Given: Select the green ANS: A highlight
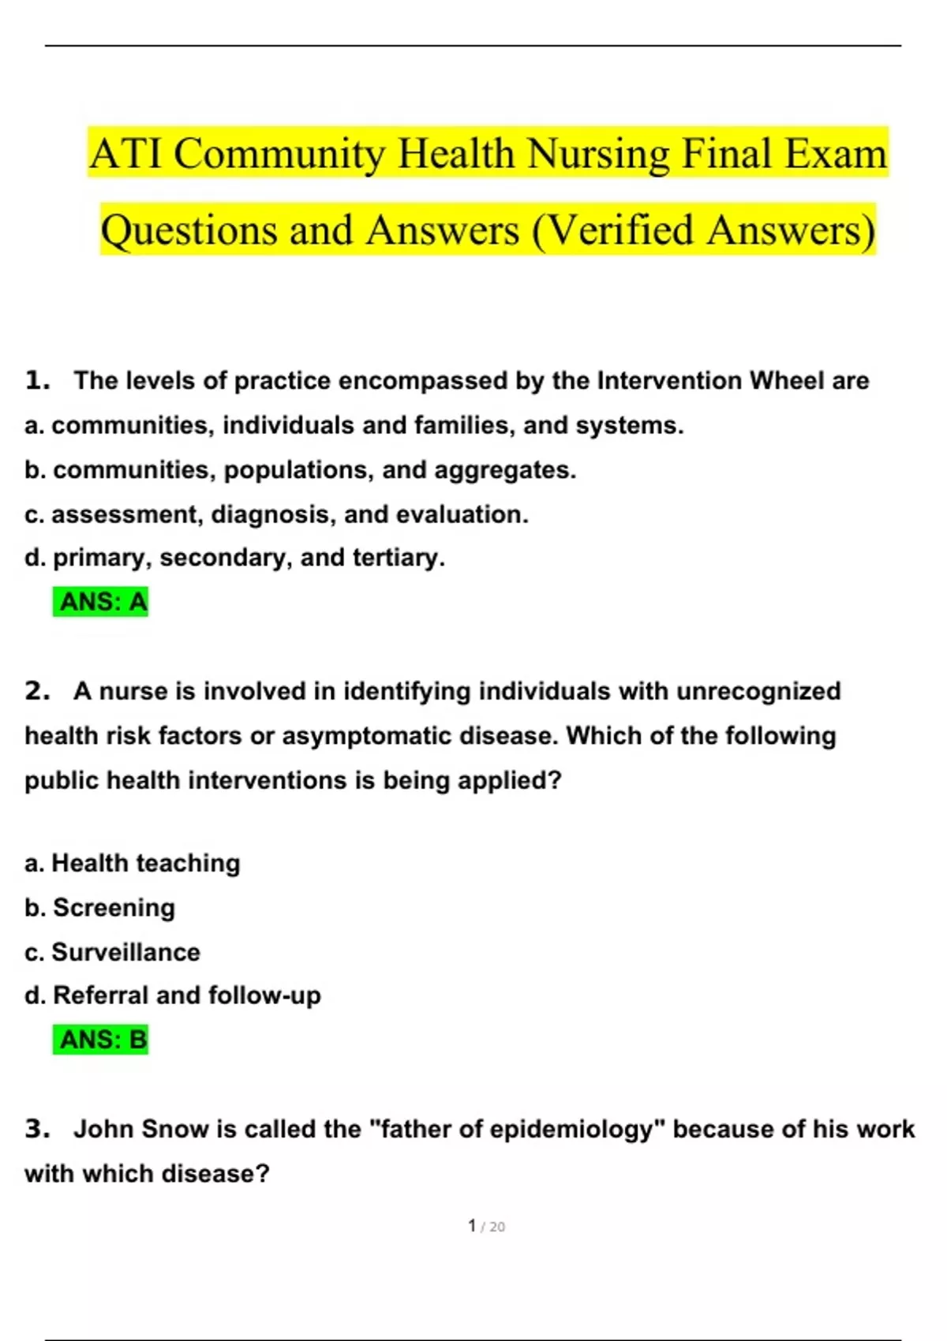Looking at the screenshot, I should pyautogui.click(x=101, y=602).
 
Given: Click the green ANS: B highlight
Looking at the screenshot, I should pyautogui.click(x=101, y=1040).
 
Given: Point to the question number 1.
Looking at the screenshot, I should pyautogui.click(x=36, y=381).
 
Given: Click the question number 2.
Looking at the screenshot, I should pyautogui.click(x=36, y=692).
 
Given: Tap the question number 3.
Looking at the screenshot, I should pyautogui.click(x=36, y=1130).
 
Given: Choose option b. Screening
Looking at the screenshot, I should pyautogui.click(x=100, y=908).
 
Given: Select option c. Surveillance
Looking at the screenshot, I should pyautogui.click(x=112, y=952).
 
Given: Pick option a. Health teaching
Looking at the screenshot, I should pyautogui.click(x=133, y=864).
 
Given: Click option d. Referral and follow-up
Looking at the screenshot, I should pyautogui.click(x=173, y=995).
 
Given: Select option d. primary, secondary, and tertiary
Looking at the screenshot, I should pyautogui.click(x=235, y=558).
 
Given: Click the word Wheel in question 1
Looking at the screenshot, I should pyautogui.click(x=786, y=381).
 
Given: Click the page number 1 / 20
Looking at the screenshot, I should pyautogui.click(x=486, y=1226).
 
